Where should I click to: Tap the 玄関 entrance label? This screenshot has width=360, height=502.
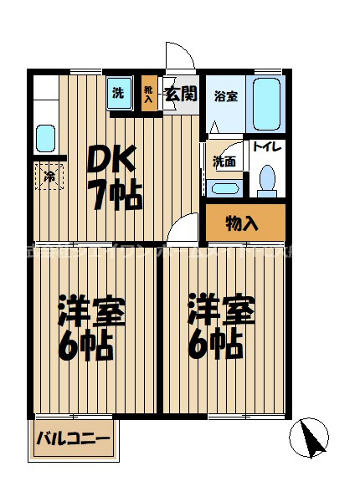pyautogui.click(x=180, y=94)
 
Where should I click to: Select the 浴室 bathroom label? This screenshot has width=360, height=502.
pyautogui.click(x=225, y=95)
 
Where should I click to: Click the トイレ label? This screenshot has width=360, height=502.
pyautogui.click(x=267, y=148)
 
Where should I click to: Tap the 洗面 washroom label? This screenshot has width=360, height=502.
pyautogui.click(x=224, y=161)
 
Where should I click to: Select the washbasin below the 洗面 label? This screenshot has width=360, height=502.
pyautogui.click(x=224, y=187)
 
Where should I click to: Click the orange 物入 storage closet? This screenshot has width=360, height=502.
pyautogui.click(x=244, y=223)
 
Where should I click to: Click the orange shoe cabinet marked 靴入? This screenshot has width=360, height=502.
pyautogui.click(x=148, y=95)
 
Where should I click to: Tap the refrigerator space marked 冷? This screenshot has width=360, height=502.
pyautogui.click(x=49, y=177)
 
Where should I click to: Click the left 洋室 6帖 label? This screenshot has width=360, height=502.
pyautogui.click(x=90, y=327)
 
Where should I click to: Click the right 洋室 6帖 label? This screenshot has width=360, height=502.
pyautogui.click(x=221, y=327)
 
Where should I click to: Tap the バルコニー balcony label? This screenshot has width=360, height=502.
pyautogui.click(x=73, y=439)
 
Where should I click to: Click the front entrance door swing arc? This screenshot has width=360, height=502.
pyautogui.click(x=178, y=59)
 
